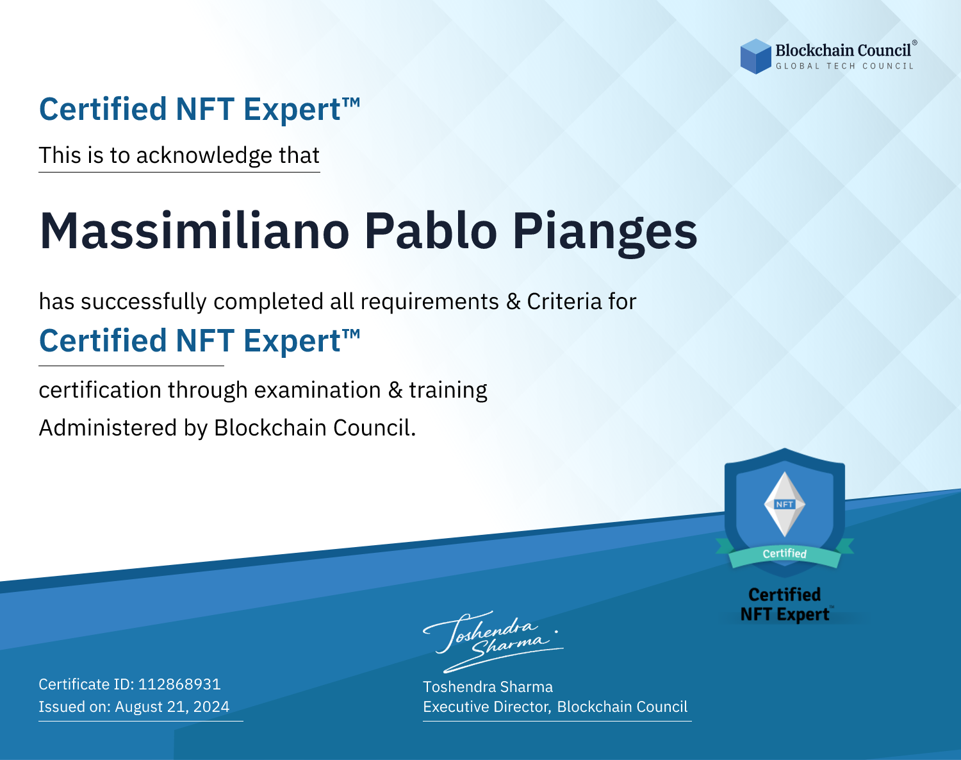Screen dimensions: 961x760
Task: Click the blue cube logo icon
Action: click(755, 56)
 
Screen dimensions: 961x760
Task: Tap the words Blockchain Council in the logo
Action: click(843, 51)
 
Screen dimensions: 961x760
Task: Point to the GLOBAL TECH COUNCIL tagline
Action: click(845, 66)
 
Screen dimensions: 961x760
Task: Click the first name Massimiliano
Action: click(194, 231)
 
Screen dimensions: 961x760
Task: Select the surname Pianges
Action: click(605, 234)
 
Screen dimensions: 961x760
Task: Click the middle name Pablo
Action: click(431, 231)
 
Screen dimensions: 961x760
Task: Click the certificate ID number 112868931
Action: click(179, 684)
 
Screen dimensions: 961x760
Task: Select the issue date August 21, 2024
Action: click(172, 707)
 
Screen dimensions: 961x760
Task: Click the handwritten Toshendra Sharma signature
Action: click(493, 641)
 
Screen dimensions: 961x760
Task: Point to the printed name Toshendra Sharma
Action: click(488, 687)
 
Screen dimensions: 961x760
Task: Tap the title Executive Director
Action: click(486, 707)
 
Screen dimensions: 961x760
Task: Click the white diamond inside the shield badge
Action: click(785, 504)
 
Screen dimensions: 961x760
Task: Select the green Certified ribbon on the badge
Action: click(785, 554)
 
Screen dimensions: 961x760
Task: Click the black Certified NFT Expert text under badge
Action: click(785, 604)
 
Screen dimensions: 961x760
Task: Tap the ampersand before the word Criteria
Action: click(513, 302)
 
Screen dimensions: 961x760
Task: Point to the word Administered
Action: click(108, 428)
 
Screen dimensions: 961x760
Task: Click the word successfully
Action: click(144, 302)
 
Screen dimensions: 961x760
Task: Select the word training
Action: click(448, 391)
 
